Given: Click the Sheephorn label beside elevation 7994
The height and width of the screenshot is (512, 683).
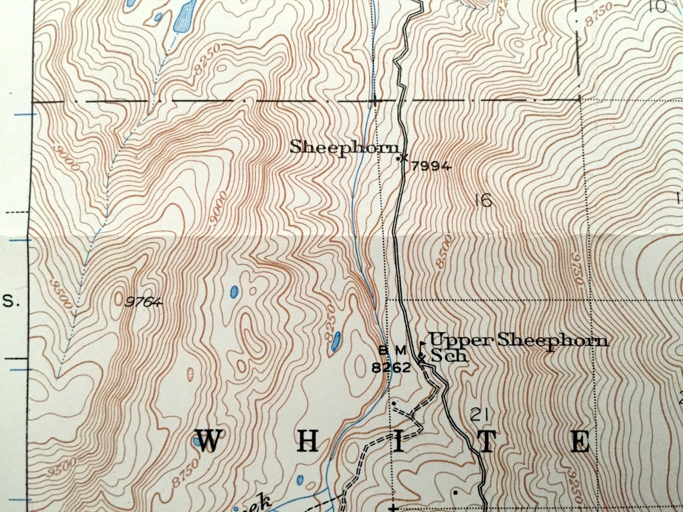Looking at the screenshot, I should tap(344, 147).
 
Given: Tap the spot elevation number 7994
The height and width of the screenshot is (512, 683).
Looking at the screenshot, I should tap(431, 167).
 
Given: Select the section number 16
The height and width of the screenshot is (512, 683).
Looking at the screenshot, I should tap(482, 201).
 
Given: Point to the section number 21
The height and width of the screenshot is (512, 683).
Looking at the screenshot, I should tap(478, 414).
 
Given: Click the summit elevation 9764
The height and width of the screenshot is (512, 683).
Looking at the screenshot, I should tap(143, 302).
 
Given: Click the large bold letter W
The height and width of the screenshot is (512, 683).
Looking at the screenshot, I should tap(207, 441).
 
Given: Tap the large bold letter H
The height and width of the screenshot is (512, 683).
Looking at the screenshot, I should tap(307, 441).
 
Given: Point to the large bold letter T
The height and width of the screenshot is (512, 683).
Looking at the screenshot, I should tap(487, 441).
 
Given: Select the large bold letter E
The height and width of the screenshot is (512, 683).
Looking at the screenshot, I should tap(579, 441).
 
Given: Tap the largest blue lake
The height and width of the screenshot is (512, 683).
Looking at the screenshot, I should tap(184, 16).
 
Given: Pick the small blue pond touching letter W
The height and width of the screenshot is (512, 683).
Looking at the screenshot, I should tap(197, 442).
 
